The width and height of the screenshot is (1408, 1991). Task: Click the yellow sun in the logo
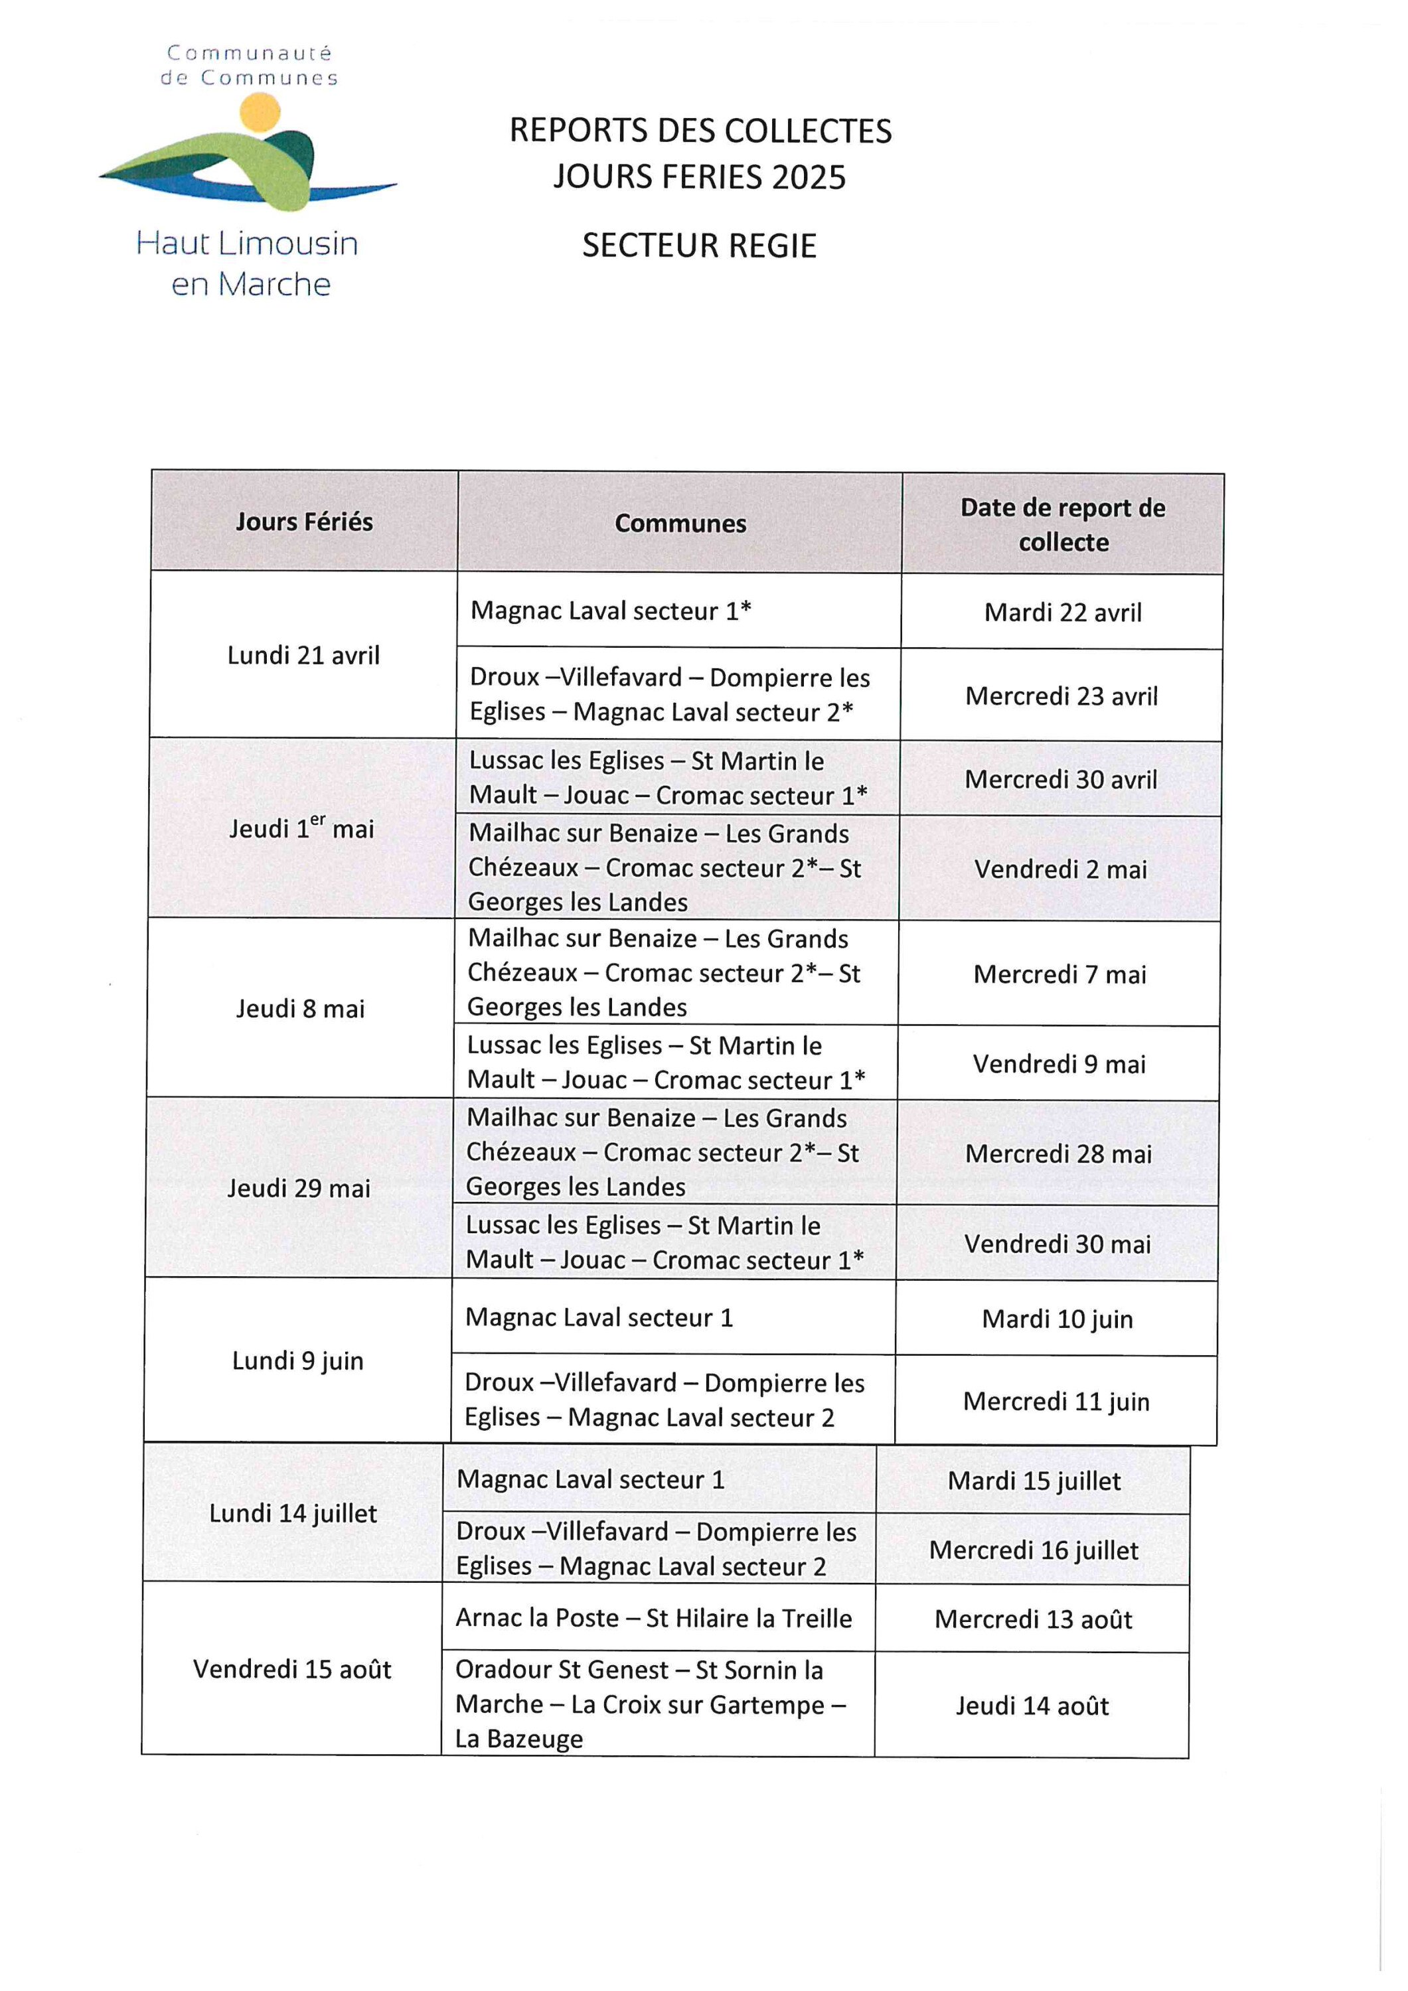pyautogui.click(x=260, y=113)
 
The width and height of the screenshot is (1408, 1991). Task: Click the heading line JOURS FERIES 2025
pyautogui.click(x=699, y=177)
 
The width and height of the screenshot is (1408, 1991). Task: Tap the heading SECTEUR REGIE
pyautogui.click(x=699, y=246)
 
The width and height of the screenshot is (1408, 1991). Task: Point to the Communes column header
pyautogui.click(x=680, y=524)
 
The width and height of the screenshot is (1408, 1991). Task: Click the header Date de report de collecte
pyautogui.click(x=1063, y=525)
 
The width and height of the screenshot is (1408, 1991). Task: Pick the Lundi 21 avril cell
pyautogui.click(x=303, y=656)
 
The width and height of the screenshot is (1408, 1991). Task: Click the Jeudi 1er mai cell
pyautogui.click(x=302, y=829)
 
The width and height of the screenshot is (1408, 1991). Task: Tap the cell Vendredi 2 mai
pyautogui.click(x=1060, y=869)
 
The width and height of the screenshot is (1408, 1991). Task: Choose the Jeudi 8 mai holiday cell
pyautogui.click(x=300, y=1009)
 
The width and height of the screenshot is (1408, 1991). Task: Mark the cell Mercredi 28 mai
pyautogui.click(x=1058, y=1154)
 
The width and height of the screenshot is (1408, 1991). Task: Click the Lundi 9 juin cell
pyautogui.click(x=297, y=1361)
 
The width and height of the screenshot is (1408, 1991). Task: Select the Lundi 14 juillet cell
pyautogui.click(x=293, y=1514)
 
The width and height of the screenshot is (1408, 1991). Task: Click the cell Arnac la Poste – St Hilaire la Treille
pyautogui.click(x=654, y=1618)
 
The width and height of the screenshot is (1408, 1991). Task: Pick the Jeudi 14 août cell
pyautogui.click(x=1032, y=1706)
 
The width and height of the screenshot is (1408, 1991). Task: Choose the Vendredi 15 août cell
pyautogui.click(x=292, y=1669)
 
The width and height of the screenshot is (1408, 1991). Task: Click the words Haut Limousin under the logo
pyautogui.click(x=247, y=244)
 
